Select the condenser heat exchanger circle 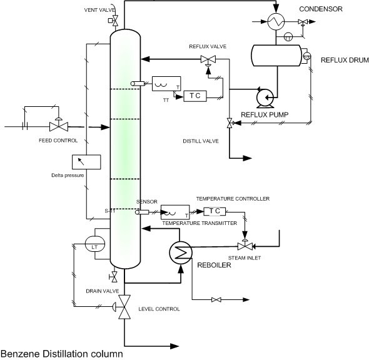click(274, 22)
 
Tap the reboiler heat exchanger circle click(179, 251)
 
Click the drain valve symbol click(114, 277)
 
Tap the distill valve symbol click(229, 124)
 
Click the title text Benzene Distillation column click(61, 354)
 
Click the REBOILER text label click(215, 265)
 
